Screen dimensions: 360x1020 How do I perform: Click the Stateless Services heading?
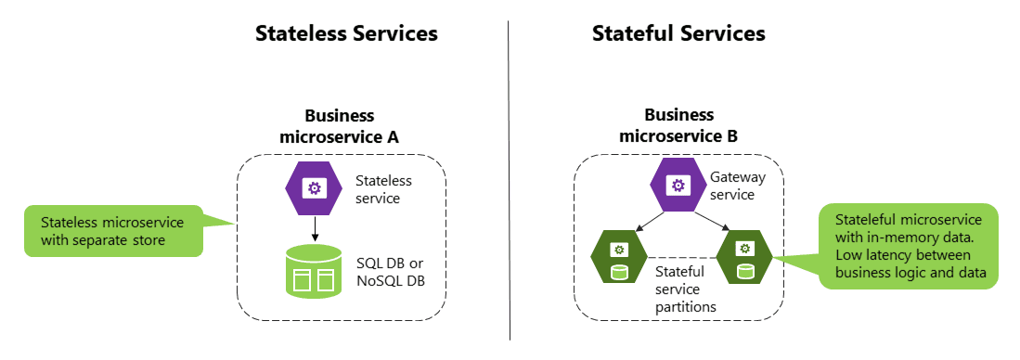346,34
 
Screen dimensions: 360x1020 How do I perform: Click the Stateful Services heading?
678,34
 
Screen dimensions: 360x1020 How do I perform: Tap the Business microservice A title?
340,126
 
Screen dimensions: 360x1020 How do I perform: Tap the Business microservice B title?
678,126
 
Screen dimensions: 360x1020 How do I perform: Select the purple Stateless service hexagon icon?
314,188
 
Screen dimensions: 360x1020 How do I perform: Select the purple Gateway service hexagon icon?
678,185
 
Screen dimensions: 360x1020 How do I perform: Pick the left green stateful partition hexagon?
617,256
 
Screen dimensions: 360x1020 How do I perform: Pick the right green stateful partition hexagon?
742,256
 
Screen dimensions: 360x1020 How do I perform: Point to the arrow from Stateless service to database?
314,226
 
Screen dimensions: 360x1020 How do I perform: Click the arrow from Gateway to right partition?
710,220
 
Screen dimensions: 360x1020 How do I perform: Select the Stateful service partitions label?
679,288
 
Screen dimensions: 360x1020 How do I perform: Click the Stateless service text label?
383,188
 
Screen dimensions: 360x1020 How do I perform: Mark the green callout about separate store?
116,231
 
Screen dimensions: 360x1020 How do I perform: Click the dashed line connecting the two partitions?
679,257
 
